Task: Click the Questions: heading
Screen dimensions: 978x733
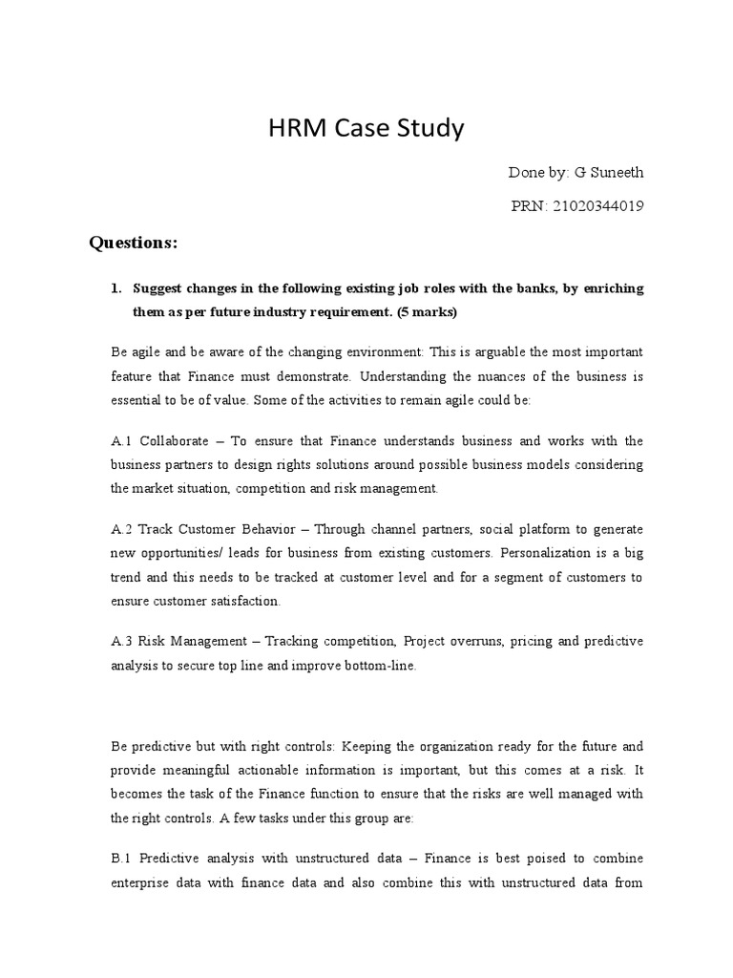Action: coord(134,243)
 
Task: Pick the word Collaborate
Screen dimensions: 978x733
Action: coord(176,440)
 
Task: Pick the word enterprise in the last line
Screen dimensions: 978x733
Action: coord(142,882)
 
